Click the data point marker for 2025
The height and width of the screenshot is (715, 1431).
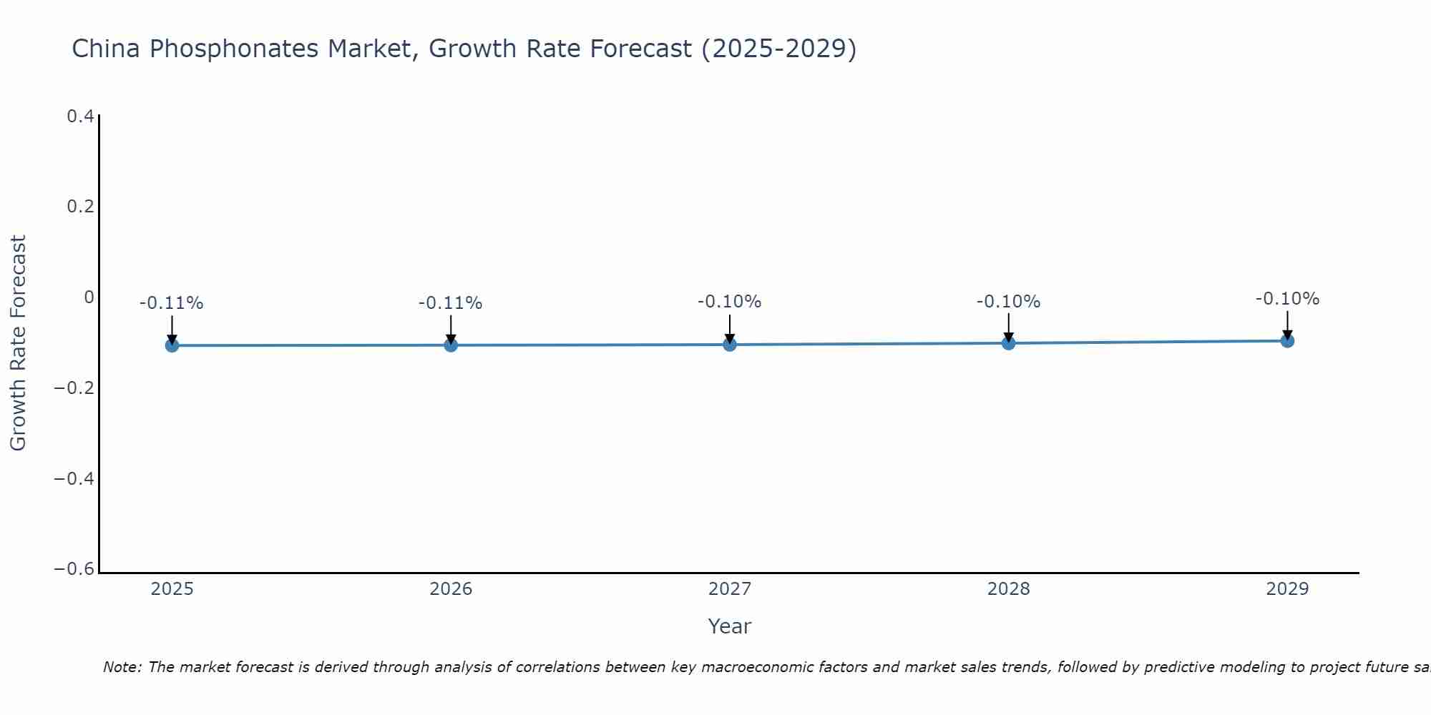coord(172,345)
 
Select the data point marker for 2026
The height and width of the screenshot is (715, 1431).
coord(451,345)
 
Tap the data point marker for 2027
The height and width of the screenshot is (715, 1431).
coord(730,344)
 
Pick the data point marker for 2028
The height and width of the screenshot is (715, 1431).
coord(1008,342)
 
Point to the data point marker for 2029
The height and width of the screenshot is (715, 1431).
coord(1287,340)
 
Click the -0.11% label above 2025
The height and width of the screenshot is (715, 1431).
coord(172,303)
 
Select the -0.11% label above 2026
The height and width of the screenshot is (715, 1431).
coord(451,303)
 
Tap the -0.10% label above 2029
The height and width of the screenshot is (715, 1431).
coord(1287,299)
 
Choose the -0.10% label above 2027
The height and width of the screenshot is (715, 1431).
coord(730,302)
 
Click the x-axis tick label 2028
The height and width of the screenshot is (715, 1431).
coord(1008,589)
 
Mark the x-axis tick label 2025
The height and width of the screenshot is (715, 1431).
coord(172,589)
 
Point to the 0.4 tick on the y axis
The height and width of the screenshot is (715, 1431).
coord(80,116)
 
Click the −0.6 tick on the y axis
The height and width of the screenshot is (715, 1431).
coord(74,569)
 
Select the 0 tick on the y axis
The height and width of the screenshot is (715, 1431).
coord(89,297)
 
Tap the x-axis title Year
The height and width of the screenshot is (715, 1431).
coord(729,626)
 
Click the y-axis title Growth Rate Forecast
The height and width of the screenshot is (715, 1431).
coord(18,343)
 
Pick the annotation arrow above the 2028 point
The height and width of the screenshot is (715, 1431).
coord(1008,327)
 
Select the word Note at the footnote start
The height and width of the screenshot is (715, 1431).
coord(122,667)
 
